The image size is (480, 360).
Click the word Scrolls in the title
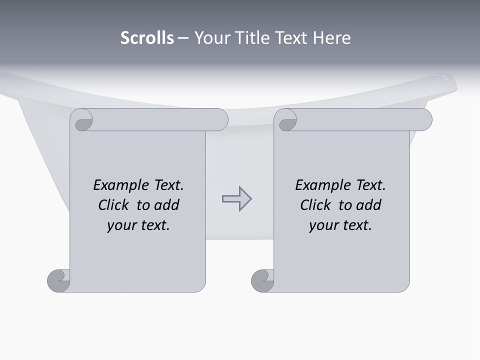[147, 38]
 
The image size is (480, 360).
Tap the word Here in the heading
[331, 38]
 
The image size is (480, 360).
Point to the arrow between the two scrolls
[236, 199]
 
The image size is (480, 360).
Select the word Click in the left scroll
[115, 205]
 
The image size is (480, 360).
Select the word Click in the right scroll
[317, 205]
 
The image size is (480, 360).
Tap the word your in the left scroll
[121, 225]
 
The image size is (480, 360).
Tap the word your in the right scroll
[323, 225]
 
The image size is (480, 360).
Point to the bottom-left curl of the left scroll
[58, 281]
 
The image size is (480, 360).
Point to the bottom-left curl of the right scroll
[262, 281]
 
